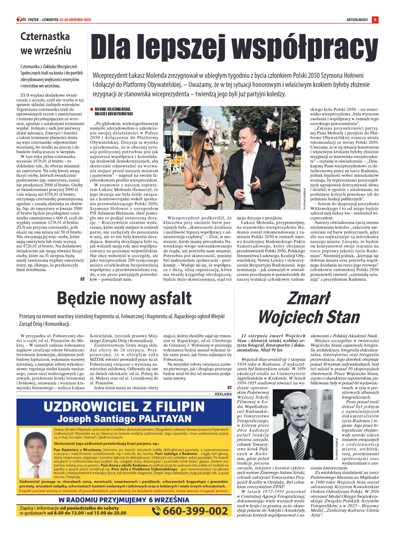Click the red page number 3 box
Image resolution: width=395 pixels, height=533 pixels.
point(375,20)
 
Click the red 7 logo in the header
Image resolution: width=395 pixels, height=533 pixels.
point(19,20)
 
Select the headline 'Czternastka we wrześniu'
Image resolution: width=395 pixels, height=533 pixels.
point(46,43)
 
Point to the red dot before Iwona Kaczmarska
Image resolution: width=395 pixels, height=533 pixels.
point(92,109)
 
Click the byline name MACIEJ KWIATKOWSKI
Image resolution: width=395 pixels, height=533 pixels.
point(114,114)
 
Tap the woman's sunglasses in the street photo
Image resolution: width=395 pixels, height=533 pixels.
point(208,140)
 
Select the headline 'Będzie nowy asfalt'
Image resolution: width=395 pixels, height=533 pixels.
point(124,298)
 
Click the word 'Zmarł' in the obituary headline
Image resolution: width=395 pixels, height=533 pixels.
point(309,298)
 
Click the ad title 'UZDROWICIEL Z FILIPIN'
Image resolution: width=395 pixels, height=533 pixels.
point(124,407)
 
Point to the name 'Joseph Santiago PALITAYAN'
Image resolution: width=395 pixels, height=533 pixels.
point(124,419)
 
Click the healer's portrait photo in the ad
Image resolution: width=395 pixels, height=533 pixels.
point(35,453)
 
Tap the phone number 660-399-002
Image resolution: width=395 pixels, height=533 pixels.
point(195,510)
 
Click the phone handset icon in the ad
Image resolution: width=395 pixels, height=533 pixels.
point(156,511)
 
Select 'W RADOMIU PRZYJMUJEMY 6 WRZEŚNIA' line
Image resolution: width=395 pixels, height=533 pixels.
point(124,500)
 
